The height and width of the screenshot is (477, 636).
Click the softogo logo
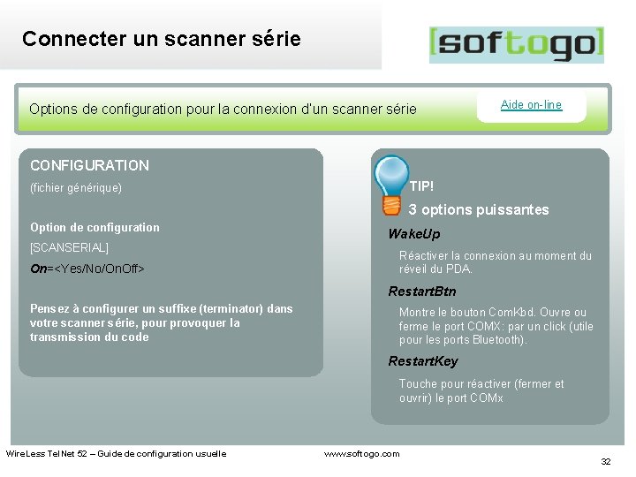[x=516, y=44]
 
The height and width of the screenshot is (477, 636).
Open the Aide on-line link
[x=531, y=104]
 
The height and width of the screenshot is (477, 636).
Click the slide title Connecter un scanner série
[x=162, y=39]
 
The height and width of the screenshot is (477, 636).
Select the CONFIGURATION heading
[x=89, y=165]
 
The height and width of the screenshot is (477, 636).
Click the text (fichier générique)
[x=76, y=188]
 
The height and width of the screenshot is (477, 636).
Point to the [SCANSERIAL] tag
[x=69, y=247]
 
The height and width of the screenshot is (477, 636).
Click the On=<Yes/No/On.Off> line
[x=87, y=268]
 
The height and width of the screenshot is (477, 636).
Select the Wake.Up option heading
[x=413, y=234]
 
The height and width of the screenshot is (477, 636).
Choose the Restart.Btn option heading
[x=422, y=291]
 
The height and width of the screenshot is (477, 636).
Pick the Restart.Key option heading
[x=423, y=361]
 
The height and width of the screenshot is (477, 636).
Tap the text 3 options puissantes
[x=479, y=210]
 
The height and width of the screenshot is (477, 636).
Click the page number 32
[x=606, y=462]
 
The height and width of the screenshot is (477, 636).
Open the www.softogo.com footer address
[x=362, y=453]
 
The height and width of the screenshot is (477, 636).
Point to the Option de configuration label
[x=95, y=227]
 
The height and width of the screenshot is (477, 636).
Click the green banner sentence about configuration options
[x=223, y=110]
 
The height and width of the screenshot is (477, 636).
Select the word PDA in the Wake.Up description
[x=459, y=269]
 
